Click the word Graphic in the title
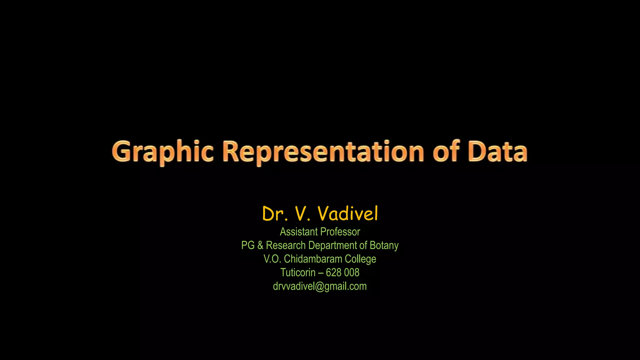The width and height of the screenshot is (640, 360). tap(162, 152)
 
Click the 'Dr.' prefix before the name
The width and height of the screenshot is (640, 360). tap(275, 214)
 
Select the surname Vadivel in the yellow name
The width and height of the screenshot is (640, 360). tap(347, 214)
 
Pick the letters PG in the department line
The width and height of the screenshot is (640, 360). tap(248, 245)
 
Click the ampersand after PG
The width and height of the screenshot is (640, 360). tap(260, 245)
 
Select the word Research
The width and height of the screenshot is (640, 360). tap(286, 245)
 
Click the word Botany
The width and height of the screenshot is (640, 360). tap(384, 246)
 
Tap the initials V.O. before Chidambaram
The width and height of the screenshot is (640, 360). tap(272, 259)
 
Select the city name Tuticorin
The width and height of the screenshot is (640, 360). tap(297, 272)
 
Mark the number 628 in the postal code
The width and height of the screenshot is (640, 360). tap(333, 272)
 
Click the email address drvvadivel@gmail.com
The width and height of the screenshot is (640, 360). tap(320, 286)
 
